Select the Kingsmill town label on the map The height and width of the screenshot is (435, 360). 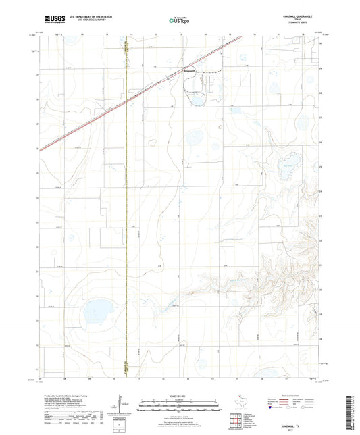point(190,69)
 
